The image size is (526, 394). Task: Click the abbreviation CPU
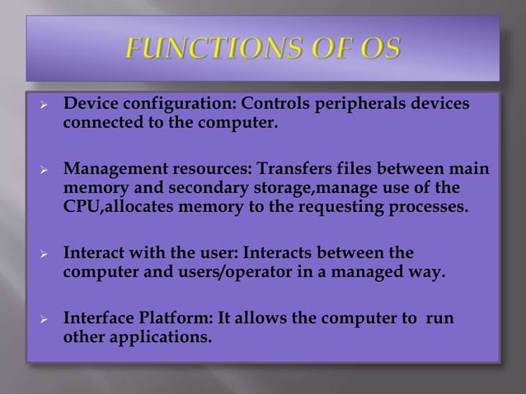[x=81, y=207]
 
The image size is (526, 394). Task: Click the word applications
[x=153, y=336]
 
